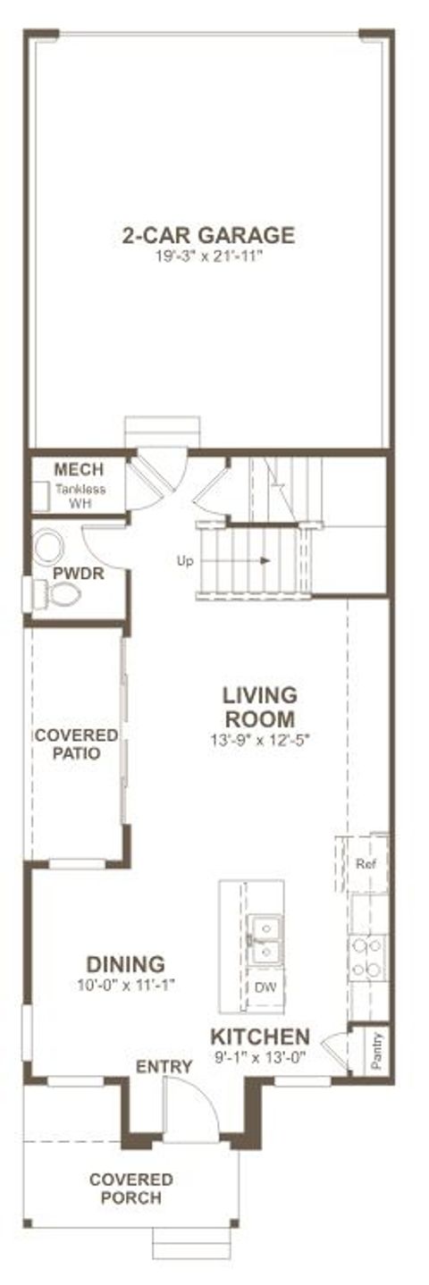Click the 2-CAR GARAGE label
pos(207,235)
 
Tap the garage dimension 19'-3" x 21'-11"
pos(207,256)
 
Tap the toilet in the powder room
pos(57,593)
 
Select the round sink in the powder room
pos(49,548)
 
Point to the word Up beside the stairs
pos(185,560)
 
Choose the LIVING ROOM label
pos(259,707)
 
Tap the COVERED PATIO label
pos(75,743)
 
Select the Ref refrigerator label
pos(365,864)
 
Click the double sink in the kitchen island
pos(265,940)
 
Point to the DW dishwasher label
pos(265,987)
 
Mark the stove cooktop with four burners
pos(367,956)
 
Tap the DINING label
pos(125,965)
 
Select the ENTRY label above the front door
pos(164,1066)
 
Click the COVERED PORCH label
pos(130,1189)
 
